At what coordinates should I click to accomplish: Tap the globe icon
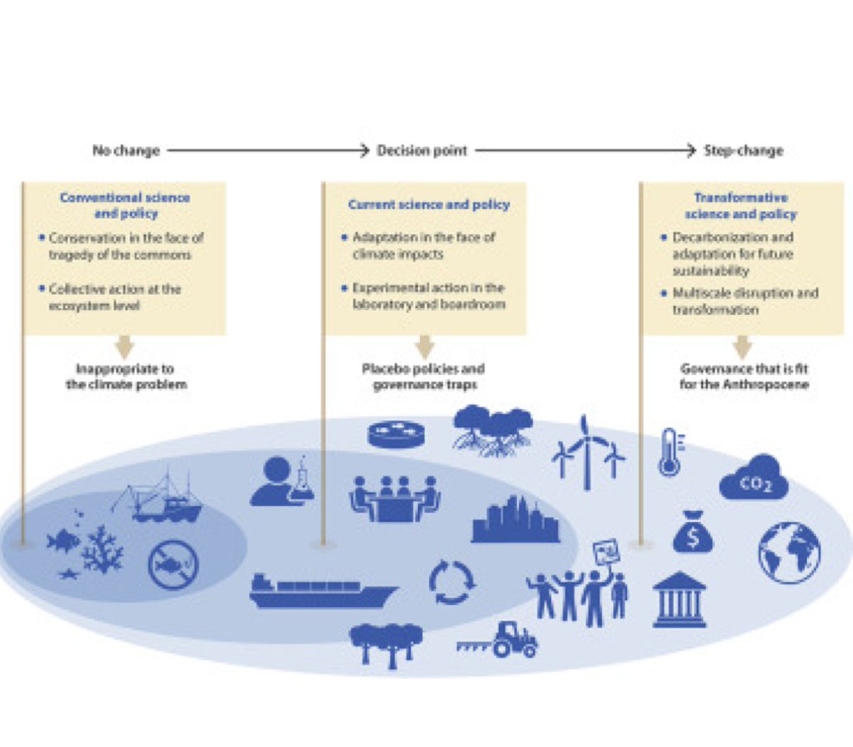[x=789, y=552]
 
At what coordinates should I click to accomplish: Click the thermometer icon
[x=669, y=453]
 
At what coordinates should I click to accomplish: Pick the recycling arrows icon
[x=451, y=582]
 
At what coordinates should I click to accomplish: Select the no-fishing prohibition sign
[x=173, y=564]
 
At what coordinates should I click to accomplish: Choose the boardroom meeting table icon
[x=395, y=498]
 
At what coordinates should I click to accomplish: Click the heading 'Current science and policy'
[x=429, y=205]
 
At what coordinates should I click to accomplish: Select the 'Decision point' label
[x=422, y=151]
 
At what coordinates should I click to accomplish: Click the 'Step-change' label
[x=743, y=151]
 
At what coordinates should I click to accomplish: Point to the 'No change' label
[x=126, y=151]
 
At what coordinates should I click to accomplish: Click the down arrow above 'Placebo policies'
[x=425, y=348]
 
